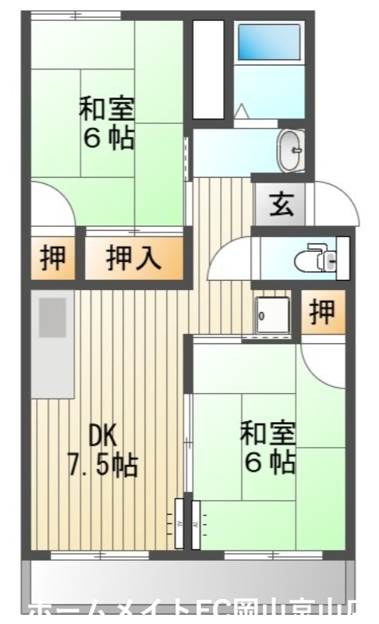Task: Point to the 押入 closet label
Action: [x=134, y=257]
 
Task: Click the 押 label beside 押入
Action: [x=54, y=257]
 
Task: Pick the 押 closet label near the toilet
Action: [x=322, y=312]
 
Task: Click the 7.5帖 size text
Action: [x=103, y=466]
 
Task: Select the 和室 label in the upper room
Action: [x=106, y=108]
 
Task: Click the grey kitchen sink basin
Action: [x=52, y=317]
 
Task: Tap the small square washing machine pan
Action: [x=271, y=314]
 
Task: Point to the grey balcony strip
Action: [x=187, y=581]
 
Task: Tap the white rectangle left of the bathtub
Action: [x=208, y=69]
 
